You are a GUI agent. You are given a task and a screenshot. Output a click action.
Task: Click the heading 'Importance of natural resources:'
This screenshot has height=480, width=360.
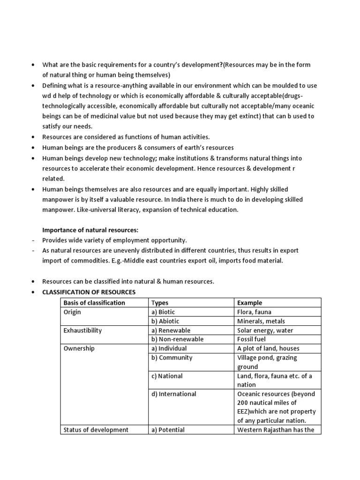(x=90, y=230)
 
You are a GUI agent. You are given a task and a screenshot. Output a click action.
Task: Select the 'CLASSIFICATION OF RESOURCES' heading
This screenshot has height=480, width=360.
(x=89, y=292)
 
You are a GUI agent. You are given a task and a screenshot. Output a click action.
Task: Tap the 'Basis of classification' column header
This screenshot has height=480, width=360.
(x=94, y=303)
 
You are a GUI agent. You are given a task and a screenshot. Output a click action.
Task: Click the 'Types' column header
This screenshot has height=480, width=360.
(x=160, y=303)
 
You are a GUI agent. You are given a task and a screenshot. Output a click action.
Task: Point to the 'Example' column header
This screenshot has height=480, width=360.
(x=249, y=303)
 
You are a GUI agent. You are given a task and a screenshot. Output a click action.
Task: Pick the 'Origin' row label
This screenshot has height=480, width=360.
(x=72, y=312)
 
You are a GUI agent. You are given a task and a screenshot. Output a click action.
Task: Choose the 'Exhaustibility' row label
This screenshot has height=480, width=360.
(x=82, y=330)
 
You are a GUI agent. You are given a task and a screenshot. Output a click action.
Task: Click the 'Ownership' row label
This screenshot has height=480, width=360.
(x=79, y=348)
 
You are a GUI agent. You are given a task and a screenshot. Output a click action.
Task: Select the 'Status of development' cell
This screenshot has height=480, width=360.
(x=96, y=429)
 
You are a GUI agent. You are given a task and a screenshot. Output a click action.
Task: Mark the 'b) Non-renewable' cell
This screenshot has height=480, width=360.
(x=177, y=339)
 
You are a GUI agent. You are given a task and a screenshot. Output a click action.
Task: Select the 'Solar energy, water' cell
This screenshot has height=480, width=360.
(x=265, y=330)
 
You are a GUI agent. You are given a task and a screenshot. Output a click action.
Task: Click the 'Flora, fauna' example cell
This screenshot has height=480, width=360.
(x=254, y=312)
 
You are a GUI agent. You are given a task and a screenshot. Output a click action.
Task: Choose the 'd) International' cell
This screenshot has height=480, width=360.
(x=173, y=394)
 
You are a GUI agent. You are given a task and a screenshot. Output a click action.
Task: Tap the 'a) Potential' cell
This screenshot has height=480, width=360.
(x=168, y=429)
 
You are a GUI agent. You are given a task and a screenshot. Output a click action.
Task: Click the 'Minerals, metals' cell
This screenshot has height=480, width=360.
(x=261, y=321)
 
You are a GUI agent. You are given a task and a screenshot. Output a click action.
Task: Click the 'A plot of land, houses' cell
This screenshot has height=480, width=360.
(x=268, y=348)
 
